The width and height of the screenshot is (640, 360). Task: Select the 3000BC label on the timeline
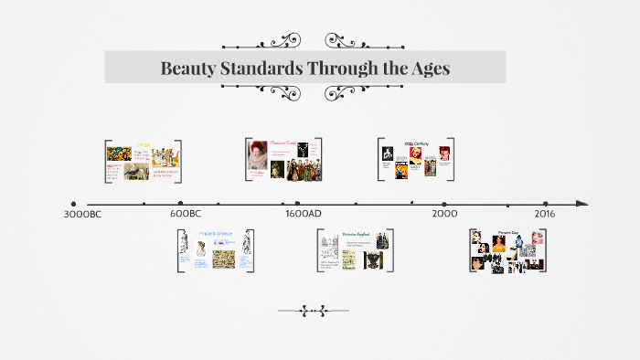(x=82, y=214)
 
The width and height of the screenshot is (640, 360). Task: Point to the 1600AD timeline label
(x=303, y=214)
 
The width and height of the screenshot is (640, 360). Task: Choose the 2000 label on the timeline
(x=444, y=214)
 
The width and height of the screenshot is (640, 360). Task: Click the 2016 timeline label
(x=545, y=214)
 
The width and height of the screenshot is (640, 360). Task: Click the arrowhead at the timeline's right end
(x=581, y=204)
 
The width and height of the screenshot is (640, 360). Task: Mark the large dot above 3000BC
(x=73, y=204)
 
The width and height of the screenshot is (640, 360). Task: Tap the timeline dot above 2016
(x=545, y=204)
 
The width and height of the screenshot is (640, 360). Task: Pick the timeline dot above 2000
(x=444, y=204)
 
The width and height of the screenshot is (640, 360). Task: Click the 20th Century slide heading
(x=417, y=144)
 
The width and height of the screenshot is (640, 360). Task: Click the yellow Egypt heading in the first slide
(x=144, y=145)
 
